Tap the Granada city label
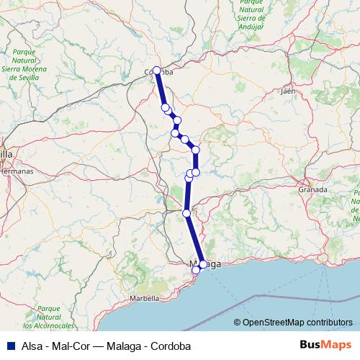click(x=312, y=189)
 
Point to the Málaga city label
click(x=204, y=264)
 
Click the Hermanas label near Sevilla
click(x=16, y=172)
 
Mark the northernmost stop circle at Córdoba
click(x=156, y=71)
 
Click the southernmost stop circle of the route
click(x=195, y=270)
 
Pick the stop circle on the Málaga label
click(x=202, y=264)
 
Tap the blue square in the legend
click(x=8, y=346)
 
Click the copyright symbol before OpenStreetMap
click(x=238, y=324)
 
